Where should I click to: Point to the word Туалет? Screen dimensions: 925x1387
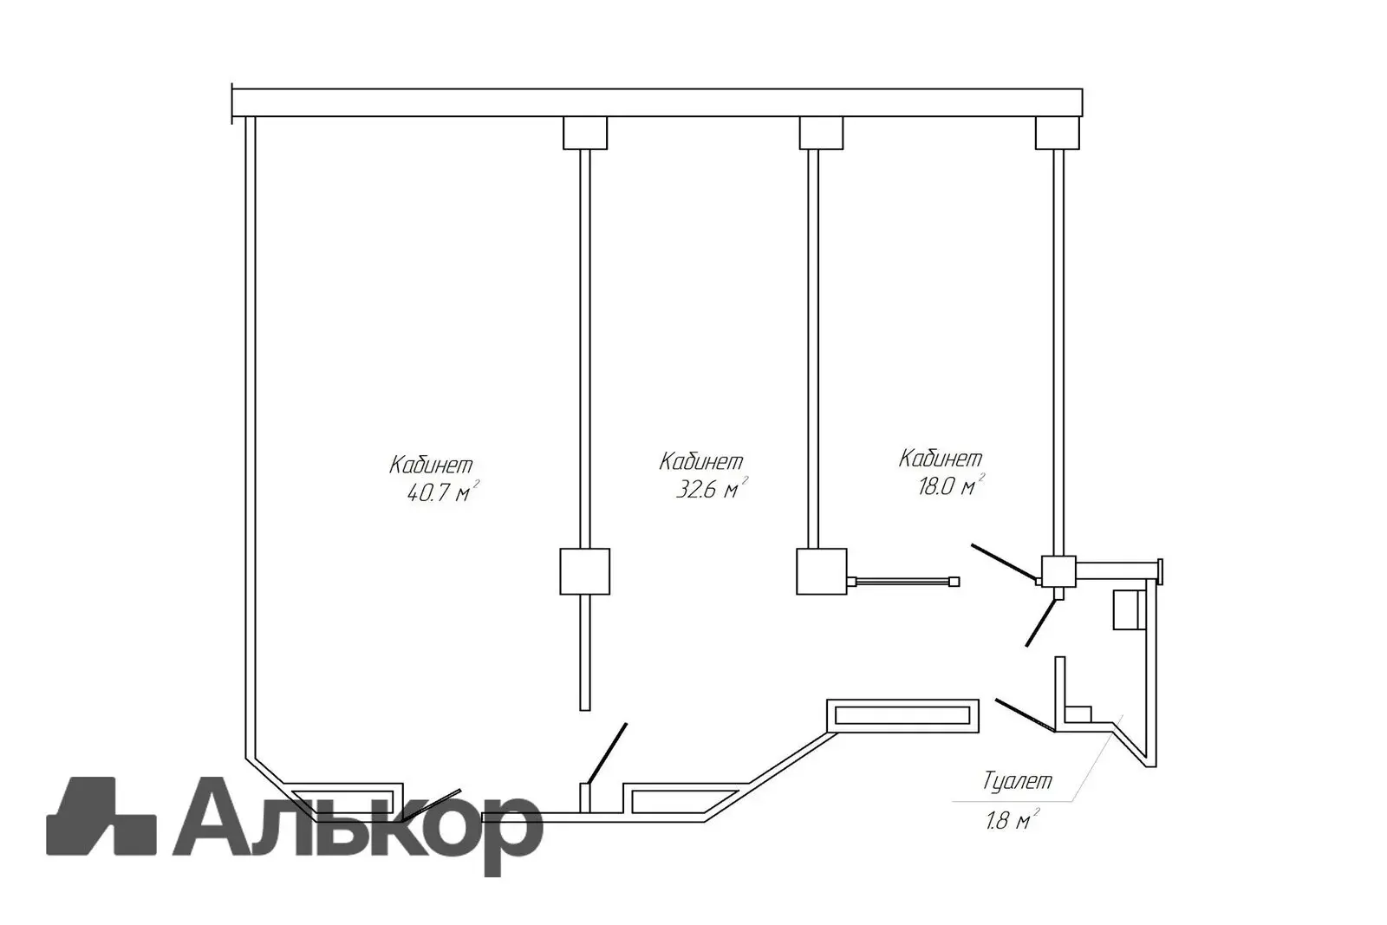click(1018, 781)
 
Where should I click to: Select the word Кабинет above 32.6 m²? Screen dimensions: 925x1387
click(701, 460)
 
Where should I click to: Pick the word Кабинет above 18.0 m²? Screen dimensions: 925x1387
click(941, 457)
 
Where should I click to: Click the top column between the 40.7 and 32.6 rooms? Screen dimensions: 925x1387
click(585, 133)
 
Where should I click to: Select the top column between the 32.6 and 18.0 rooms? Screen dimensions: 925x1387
click(821, 133)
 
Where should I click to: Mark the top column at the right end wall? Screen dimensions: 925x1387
click(1058, 133)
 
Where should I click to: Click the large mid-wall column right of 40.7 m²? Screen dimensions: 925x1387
click(585, 571)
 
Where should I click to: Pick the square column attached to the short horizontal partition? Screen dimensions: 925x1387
click(821, 571)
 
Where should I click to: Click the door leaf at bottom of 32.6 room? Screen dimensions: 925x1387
click(607, 752)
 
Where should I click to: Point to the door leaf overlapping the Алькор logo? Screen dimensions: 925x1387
click(431, 804)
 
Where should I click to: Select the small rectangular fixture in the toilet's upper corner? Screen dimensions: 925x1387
click(1125, 609)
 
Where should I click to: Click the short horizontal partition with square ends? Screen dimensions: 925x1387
click(903, 582)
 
